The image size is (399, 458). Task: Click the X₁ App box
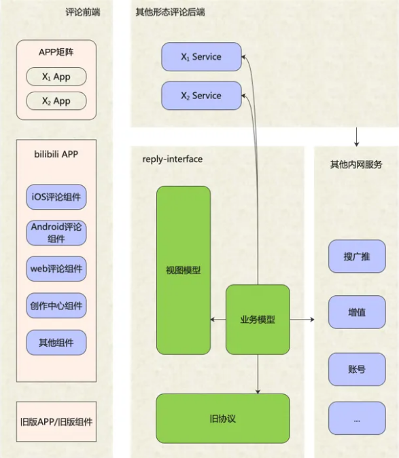[56, 77]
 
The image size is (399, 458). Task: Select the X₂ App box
[56, 101]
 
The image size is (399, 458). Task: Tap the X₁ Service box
[202, 57]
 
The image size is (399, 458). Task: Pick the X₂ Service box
[202, 96]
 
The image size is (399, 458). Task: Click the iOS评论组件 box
[56, 197]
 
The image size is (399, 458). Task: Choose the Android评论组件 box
[56, 233]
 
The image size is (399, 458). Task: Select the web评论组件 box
[56, 269]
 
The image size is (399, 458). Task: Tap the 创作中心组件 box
[56, 305]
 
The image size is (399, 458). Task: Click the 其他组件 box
[56, 343]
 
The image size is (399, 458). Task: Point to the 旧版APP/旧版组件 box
[56, 421]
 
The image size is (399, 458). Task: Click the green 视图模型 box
[184, 270]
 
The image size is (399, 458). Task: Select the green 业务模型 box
[258, 320]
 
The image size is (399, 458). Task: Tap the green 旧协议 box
[223, 418]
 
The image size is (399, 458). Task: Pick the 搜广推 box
[357, 256]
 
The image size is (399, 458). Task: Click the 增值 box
[357, 312]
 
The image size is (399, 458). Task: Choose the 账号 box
[357, 369]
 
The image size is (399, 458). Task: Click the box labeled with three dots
[357, 418]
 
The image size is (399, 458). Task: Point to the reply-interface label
[173, 159]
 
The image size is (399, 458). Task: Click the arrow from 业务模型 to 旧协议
[258, 374]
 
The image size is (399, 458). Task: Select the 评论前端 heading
[83, 12]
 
